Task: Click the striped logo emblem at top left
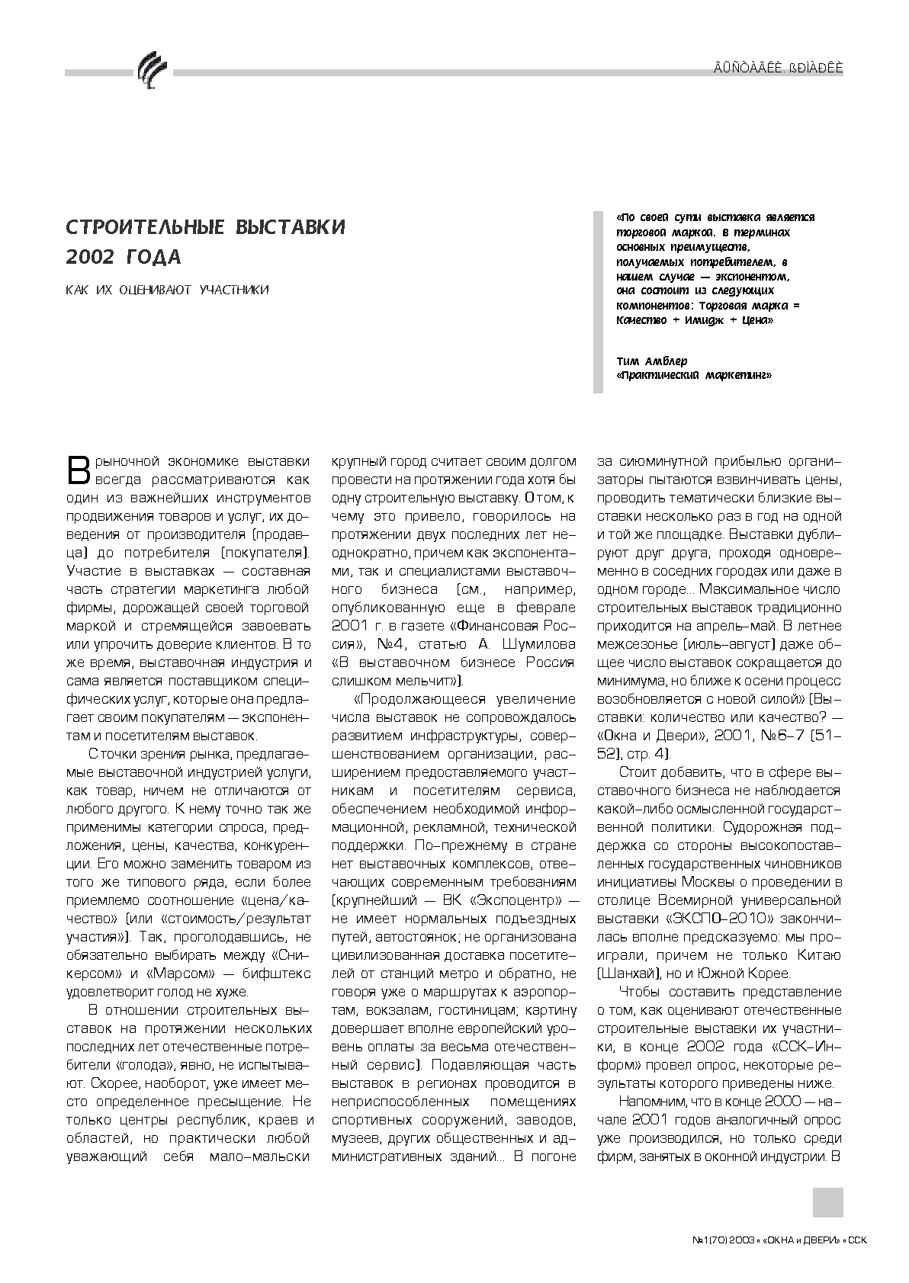[x=151, y=72]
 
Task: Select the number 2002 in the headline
[x=91, y=258]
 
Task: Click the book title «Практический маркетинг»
[x=694, y=375]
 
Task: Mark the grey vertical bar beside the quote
[x=598, y=302]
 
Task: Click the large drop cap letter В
[x=81, y=470]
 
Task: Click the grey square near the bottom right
[x=827, y=1202]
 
